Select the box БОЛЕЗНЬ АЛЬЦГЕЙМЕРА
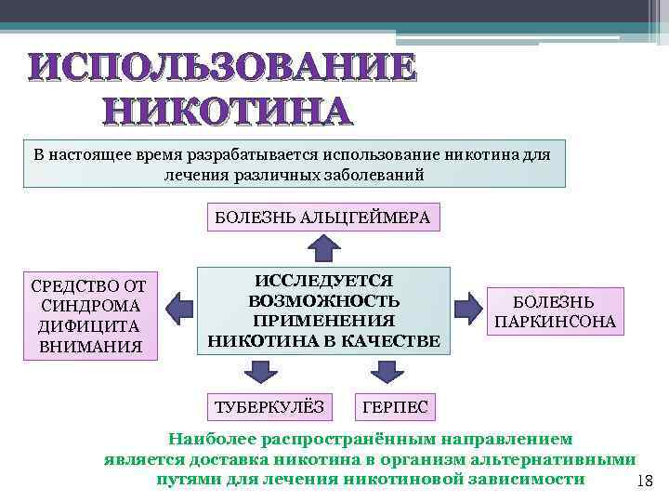coord(322,218)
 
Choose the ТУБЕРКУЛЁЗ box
coord(269,406)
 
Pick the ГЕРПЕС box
coord(395,407)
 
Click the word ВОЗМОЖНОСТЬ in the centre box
coord(323,300)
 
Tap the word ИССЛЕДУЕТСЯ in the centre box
coord(323,280)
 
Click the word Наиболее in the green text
coord(207,439)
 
